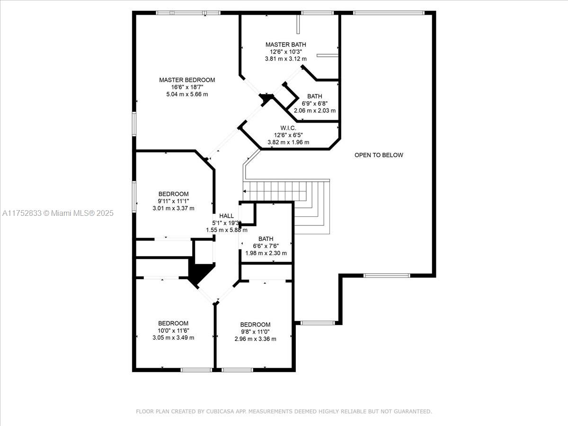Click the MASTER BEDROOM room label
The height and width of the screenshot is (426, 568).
click(187, 80)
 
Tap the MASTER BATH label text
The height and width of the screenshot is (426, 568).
click(286, 44)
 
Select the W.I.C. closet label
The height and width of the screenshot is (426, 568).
click(288, 128)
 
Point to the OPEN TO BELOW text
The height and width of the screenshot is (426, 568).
click(379, 155)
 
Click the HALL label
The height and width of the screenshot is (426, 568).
click(226, 216)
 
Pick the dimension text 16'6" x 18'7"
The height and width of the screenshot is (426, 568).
click(187, 87)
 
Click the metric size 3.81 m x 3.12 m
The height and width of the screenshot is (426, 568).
click(286, 59)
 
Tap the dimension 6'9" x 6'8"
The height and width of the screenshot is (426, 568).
click(315, 104)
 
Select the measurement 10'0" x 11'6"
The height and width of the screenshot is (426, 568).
click(173, 330)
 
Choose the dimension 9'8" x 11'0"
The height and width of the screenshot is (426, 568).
click(255, 332)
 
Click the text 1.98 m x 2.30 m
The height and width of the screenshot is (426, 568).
click(266, 253)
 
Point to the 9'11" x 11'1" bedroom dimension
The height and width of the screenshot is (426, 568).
click(173, 201)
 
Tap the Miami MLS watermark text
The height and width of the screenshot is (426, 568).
click(58, 213)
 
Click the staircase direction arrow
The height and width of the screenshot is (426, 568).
click(275, 191)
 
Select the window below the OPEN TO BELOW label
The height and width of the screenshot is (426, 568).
click(387, 275)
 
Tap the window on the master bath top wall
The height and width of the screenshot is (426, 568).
click(318, 13)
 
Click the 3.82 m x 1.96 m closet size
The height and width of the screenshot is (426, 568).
click(288, 142)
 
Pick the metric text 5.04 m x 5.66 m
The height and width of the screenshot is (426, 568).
click(187, 94)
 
